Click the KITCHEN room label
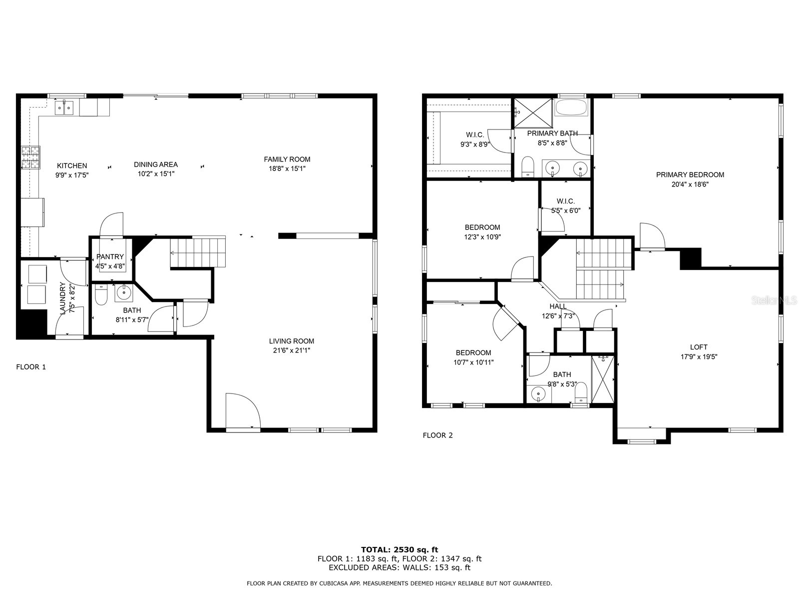(x=72, y=165)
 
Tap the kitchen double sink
(x=64, y=107)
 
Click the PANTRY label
(x=110, y=256)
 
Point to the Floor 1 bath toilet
(x=101, y=296)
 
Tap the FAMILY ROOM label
(x=287, y=159)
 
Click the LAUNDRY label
(x=62, y=298)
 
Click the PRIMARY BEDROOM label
(x=690, y=174)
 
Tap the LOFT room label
(x=699, y=347)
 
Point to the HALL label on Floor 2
(x=558, y=306)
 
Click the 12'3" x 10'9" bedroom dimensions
(x=482, y=237)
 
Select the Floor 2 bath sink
(x=538, y=394)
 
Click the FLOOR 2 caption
(x=437, y=435)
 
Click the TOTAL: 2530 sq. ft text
(x=399, y=549)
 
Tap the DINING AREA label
(x=156, y=164)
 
